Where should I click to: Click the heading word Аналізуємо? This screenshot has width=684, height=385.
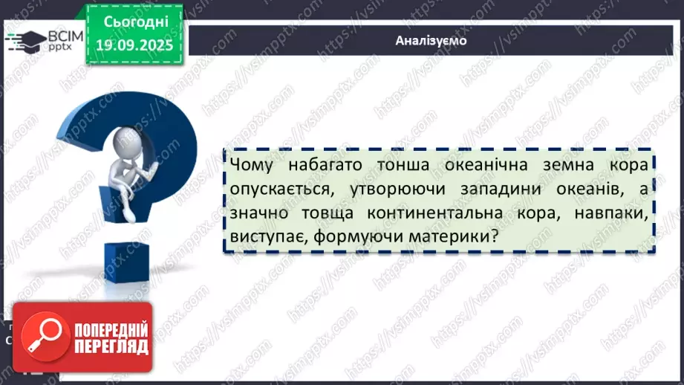pos(431,41)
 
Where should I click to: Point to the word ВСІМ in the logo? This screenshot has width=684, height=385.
pos(62,35)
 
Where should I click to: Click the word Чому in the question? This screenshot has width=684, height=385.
pos(253,164)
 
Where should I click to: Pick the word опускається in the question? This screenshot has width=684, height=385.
pos(274,189)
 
